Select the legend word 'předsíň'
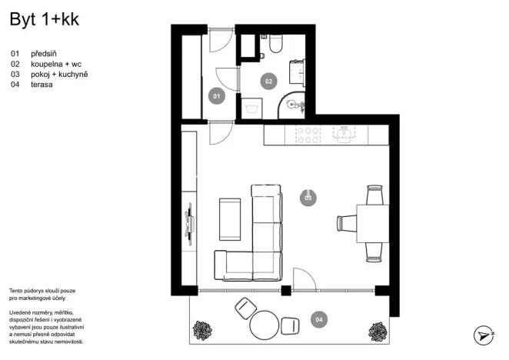pyautogui.click(x=45, y=55)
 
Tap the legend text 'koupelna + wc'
pyautogui.click(x=56, y=65)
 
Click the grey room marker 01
pyautogui.click(x=217, y=96)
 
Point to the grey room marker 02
pyautogui.click(x=268, y=80)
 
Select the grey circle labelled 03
pyautogui.click(x=308, y=198)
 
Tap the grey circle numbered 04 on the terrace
pyautogui.click(x=318, y=318)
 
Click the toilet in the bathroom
pyautogui.click(x=275, y=45)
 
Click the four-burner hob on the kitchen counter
pyautogui.click(x=308, y=135)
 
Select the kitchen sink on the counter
pyautogui.click(x=345, y=135)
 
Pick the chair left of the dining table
pyautogui.click(x=346, y=223)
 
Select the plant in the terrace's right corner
pyautogui.click(x=377, y=330)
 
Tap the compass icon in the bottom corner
pyautogui.click(x=483, y=335)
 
